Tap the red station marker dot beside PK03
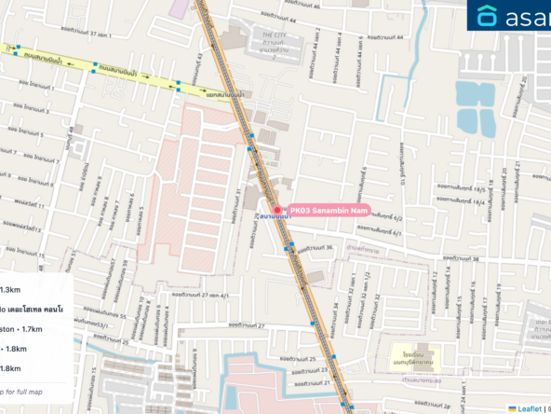point(276,210)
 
